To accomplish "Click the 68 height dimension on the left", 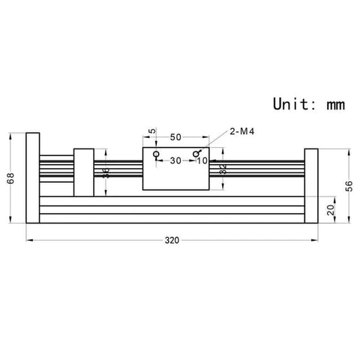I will click(10, 179).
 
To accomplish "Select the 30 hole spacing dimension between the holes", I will click(175, 160).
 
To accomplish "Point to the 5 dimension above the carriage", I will click(153, 133).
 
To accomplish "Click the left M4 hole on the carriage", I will click(156, 154).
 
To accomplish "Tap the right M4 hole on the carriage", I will click(196, 154).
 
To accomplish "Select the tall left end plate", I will click(32, 179).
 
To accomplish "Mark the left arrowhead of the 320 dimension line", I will click(29, 240).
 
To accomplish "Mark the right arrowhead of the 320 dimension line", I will click(315, 240).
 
